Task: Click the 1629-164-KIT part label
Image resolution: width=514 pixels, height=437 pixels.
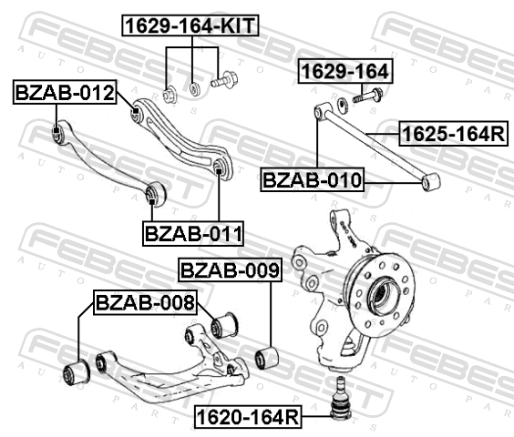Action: tap(190, 25)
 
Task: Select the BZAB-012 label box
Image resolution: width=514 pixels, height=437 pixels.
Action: tap(65, 92)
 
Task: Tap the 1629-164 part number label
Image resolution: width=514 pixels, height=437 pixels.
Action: tap(345, 71)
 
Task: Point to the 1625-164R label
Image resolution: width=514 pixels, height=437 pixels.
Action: tap(454, 134)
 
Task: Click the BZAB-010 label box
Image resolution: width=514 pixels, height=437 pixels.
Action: tap(313, 179)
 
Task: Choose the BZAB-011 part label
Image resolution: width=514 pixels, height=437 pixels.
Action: tap(193, 234)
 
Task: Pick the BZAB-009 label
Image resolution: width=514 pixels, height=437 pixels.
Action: tap(230, 269)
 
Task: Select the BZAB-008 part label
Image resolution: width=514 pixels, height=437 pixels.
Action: tap(145, 302)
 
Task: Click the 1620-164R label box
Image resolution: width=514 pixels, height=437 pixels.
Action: tap(248, 417)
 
